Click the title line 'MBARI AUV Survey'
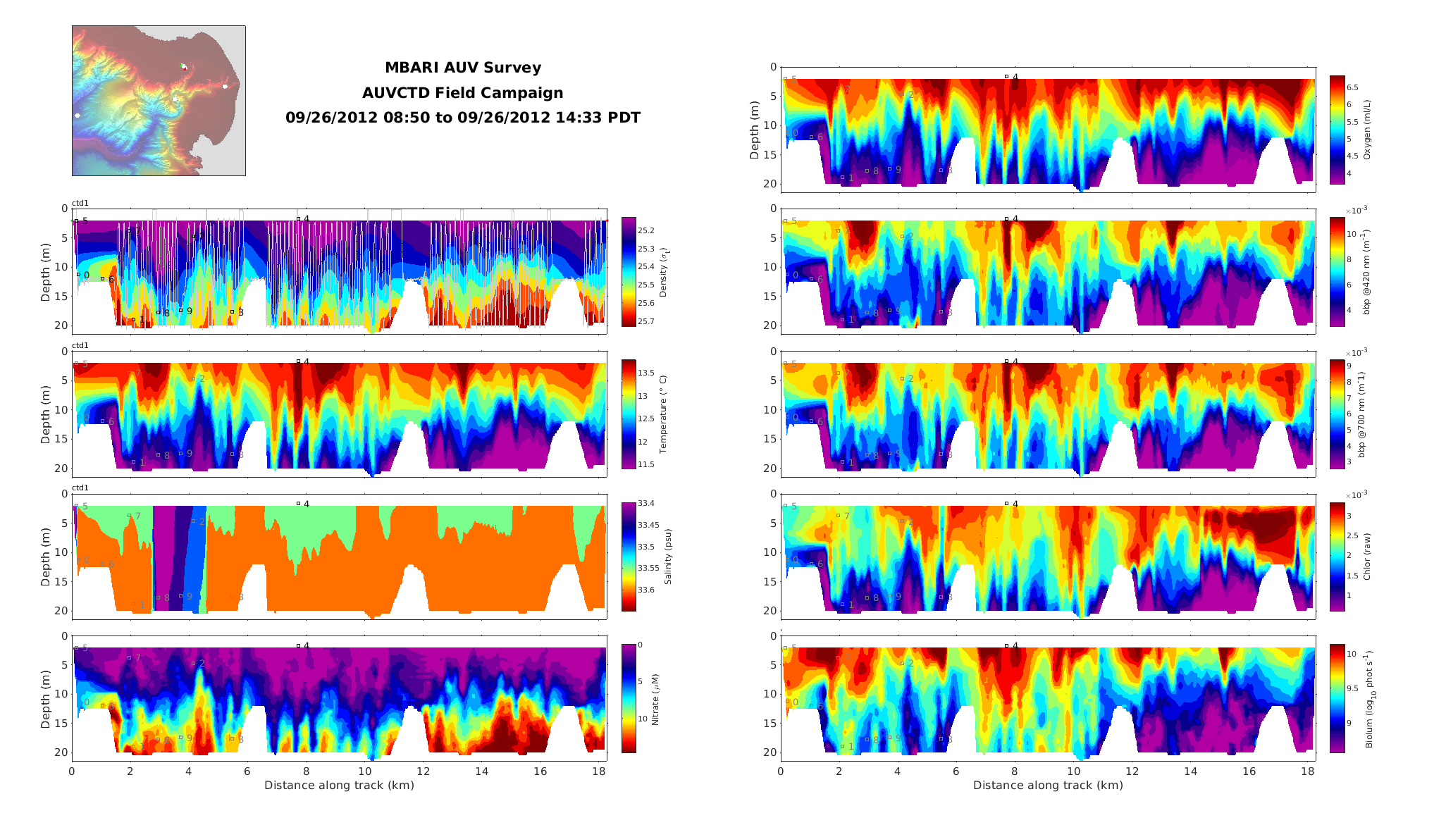pyautogui.click(x=463, y=68)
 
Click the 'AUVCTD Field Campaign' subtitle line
pyautogui.click(x=463, y=93)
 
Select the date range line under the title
pyautogui.click(x=463, y=118)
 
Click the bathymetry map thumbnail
pyautogui.click(x=159, y=101)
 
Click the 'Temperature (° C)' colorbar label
pyautogui.click(x=663, y=414)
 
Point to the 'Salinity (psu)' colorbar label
pyautogui.click(x=668, y=557)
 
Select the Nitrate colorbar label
pyautogui.click(x=655, y=700)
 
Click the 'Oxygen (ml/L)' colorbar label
pyautogui.click(x=1367, y=130)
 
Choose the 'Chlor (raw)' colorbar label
pyautogui.click(x=1367, y=557)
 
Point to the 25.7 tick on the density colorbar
pyautogui.click(x=646, y=321)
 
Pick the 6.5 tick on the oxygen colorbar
pyautogui.click(x=1353, y=88)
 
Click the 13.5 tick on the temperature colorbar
pyautogui.click(x=646, y=373)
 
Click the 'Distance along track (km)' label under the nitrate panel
pyautogui.click(x=339, y=786)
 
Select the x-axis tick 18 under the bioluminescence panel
pyautogui.click(x=1307, y=771)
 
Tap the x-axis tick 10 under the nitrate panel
pyautogui.click(x=364, y=771)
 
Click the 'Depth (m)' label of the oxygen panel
pyautogui.click(x=755, y=130)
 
